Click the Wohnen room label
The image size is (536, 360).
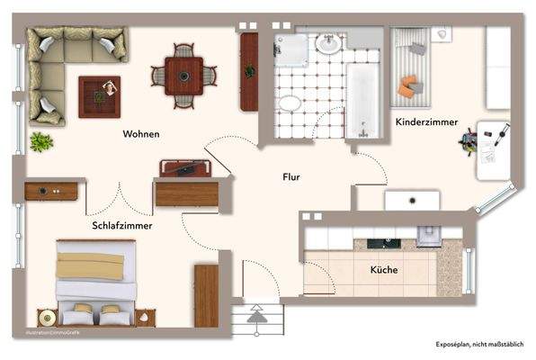tap(142, 134)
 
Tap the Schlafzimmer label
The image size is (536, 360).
tap(121, 226)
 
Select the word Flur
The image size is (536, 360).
tap(290, 177)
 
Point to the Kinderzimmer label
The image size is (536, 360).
tap(426, 121)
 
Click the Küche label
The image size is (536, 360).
tap(384, 269)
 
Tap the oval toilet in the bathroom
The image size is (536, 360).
tap(290, 103)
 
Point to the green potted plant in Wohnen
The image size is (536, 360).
tap(40, 141)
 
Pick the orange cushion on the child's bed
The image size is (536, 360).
tap(409, 87)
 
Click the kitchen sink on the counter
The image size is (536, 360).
tap(390, 243)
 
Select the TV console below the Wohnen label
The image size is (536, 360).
tap(185, 167)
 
